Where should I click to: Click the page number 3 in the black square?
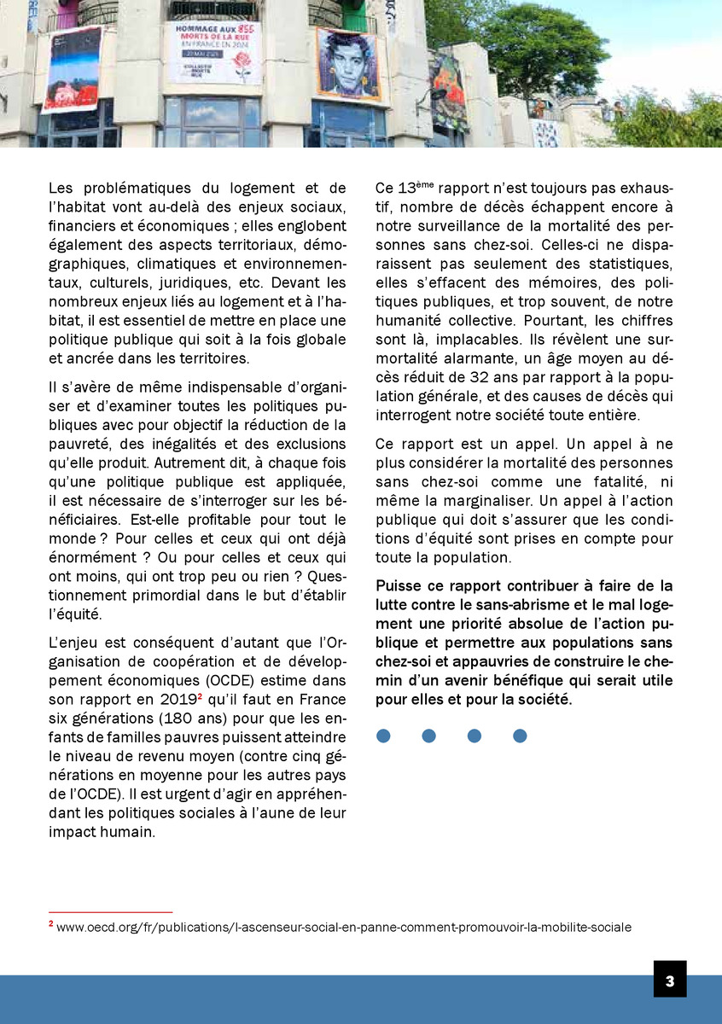click(x=670, y=980)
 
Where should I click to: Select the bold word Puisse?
click(x=400, y=585)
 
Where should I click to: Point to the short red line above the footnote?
click(x=110, y=912)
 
